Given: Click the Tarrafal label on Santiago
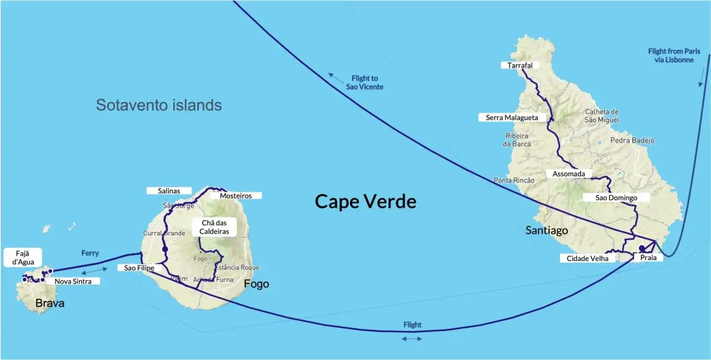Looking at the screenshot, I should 520,66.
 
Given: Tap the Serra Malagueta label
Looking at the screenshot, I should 508,117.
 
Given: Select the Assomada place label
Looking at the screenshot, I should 568,174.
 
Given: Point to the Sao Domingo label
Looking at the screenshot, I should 615,198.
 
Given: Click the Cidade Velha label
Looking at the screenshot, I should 587,258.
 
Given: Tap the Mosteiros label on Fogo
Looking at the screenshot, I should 236,196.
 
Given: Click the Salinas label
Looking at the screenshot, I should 169,191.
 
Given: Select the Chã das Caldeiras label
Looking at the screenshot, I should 214,227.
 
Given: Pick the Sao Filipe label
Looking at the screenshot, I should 139,268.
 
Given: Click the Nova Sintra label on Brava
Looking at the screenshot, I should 73,281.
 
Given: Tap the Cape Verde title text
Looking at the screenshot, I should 365,201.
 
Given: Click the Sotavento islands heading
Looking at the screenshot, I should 159,105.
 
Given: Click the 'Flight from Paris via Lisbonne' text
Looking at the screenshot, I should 674,56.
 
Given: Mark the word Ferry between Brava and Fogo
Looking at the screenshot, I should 90,253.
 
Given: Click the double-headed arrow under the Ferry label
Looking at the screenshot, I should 94,271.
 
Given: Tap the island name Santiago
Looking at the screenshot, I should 547,230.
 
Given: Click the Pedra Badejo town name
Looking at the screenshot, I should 632,141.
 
